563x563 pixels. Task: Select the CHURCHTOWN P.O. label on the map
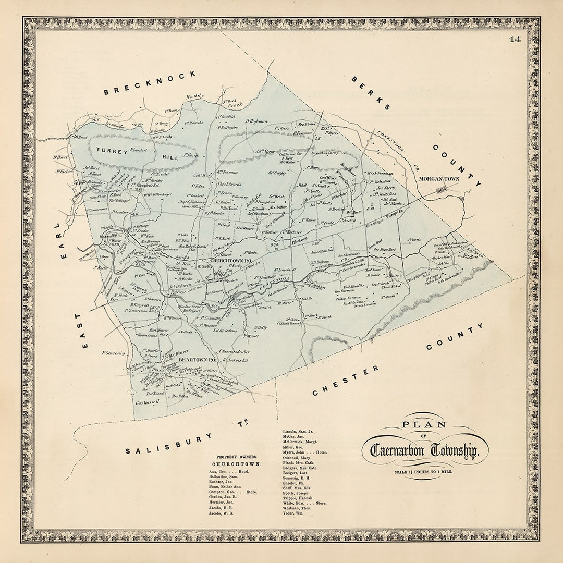point(231,260)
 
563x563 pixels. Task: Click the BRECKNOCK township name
point(150,83)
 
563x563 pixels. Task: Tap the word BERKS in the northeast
point(371,93)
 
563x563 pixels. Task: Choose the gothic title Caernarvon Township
point(423,450)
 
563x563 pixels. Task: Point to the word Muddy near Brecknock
point(195,96)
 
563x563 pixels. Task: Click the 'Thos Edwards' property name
point(229,184)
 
